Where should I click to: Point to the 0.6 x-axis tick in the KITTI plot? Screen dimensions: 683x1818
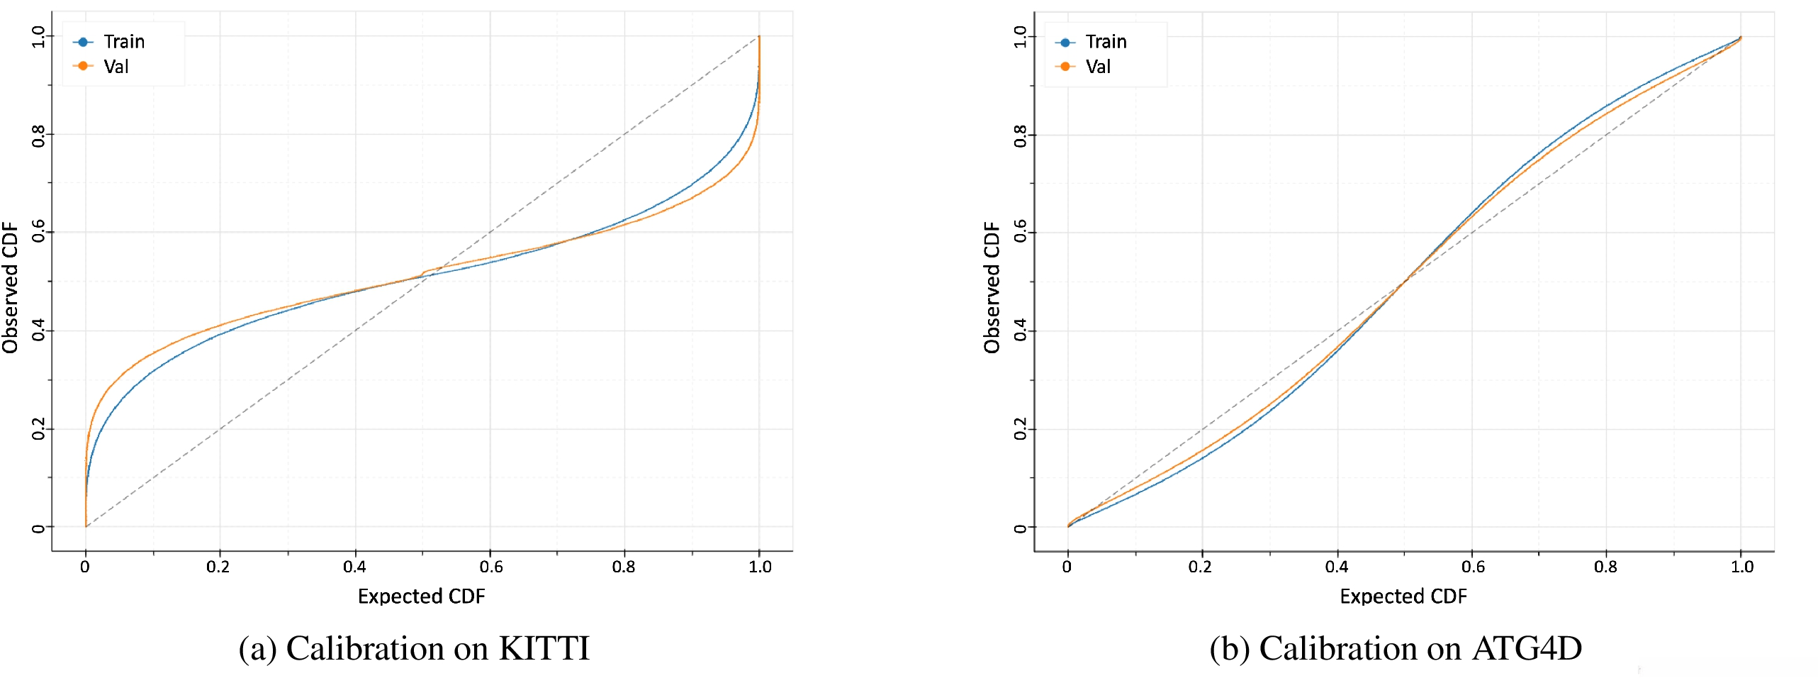(490, 567)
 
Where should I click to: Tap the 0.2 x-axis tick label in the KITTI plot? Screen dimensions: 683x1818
(218, 567)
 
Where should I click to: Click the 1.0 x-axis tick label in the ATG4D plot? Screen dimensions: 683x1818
(1741, 567)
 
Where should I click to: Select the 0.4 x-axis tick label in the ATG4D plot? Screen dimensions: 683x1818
(1337, 567)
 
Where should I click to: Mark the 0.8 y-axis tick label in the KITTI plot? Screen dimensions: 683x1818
(38, 135)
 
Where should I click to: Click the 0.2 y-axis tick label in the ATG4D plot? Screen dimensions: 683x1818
(1020, 429)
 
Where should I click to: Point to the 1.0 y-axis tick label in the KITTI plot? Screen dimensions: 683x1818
(38, 36)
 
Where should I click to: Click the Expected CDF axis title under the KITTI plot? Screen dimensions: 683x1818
(421, 596)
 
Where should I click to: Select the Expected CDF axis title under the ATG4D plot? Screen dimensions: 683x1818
(1403, 596)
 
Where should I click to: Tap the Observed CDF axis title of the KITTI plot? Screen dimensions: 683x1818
(10, 287)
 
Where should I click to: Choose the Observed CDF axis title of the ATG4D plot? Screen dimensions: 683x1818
(992, 287)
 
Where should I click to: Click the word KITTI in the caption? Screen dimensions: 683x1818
(544, 648)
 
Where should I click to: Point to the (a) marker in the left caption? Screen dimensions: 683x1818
(257, 648)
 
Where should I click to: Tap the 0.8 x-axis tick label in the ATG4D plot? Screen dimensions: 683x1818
(1605, 567)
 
